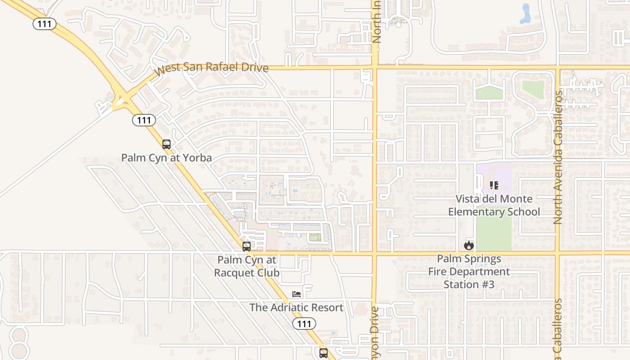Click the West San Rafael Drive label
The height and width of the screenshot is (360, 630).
tap(211, 68)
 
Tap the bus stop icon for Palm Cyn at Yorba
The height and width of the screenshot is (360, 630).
tap(166, 144)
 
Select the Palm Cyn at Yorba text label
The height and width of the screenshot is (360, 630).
tap(166, 158)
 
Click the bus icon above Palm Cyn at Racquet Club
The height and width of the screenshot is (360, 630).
tap(247, 247)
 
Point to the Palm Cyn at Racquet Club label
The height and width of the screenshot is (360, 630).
tap(247, 266)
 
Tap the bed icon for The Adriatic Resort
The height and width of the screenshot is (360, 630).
tap(297, 294)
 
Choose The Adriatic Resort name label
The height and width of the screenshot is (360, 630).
tap(297, 308)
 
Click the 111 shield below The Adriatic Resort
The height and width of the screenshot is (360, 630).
tap(304, 324)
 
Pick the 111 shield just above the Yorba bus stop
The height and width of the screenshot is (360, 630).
tap(144, 120)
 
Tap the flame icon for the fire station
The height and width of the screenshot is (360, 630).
tap(469, 246)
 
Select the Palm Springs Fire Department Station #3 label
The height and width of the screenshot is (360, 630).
tap(469, 272)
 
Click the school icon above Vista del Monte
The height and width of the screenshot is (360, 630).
tap(494, 185)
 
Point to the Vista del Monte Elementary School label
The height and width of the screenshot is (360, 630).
tap(494, 205)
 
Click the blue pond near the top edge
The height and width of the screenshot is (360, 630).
tap(525, 14)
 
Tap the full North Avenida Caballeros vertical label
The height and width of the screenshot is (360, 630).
tap(558, 157)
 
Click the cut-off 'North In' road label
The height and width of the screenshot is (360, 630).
tap(377, 22)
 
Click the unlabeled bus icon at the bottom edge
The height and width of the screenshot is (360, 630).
tap(324, 353)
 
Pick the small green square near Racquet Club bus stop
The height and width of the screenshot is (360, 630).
tap(315, 237)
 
